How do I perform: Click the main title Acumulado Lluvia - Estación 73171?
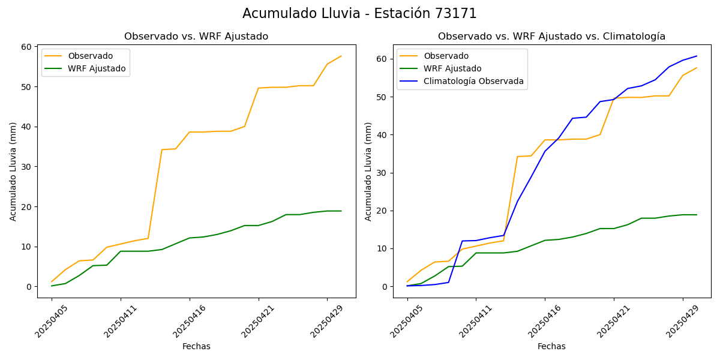359,14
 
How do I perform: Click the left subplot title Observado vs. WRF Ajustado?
196,37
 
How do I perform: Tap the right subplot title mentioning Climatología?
551,37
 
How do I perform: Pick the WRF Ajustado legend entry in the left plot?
97,68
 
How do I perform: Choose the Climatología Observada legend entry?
473,81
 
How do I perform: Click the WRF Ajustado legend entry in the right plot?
452,68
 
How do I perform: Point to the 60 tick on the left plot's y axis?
26,47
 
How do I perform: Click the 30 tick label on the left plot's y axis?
26,167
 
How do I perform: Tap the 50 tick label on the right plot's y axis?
382,97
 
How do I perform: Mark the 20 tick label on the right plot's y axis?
382,211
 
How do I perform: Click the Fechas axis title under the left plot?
196,346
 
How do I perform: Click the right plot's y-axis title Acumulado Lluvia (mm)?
369,172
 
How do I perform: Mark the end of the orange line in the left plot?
341,56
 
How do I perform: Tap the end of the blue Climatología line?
697,56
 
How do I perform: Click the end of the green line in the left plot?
341,211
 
